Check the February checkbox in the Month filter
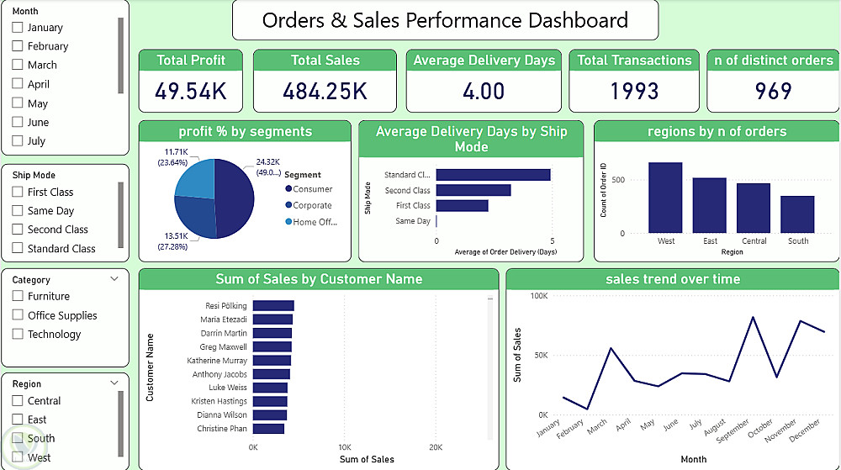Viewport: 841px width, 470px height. [18, 46]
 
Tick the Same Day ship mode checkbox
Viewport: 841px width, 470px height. [18, 211]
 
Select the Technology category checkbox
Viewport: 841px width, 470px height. [18, 334]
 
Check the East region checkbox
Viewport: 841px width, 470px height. [18, 420]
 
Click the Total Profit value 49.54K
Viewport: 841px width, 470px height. [191, 91]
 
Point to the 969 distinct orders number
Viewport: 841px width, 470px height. [773, 91]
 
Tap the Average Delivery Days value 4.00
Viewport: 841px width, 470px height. [484, 91]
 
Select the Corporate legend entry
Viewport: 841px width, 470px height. [312, 205]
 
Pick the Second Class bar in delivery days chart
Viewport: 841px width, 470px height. [473, 191]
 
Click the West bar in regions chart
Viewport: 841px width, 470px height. [665, 197]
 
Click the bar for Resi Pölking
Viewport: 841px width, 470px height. [273, 306]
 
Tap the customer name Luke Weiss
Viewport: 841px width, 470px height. [228, 388]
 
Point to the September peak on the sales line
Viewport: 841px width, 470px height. [752, 317]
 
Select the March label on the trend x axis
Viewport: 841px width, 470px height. [596, 428]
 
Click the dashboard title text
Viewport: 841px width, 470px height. [445, 20]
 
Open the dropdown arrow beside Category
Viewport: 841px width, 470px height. [114, 279]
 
